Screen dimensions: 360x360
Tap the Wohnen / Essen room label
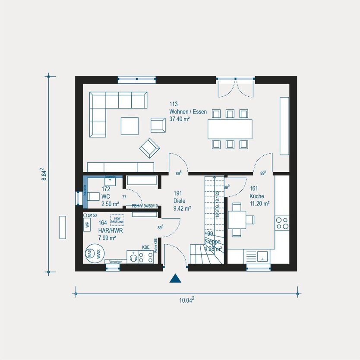[x=188, y=111]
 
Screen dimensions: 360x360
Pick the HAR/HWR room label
[x=111, y=231]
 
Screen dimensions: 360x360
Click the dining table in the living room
[x=230, y=129]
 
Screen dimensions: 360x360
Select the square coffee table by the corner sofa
[x=129, y=126]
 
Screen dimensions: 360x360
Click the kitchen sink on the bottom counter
[x=262, y=256]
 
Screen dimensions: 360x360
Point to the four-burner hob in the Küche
[x=282, y=223]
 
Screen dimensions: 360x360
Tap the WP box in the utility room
[x=87, y=224]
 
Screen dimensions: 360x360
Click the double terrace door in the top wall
[x=236, y=88]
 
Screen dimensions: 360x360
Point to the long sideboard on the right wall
[x=284, y=126]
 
